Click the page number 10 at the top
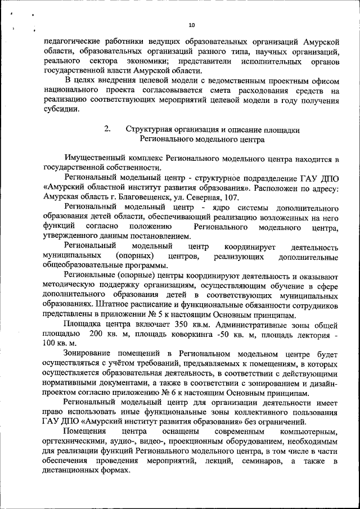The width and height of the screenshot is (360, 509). coord(191,25)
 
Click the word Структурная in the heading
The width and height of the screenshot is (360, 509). coord(148,129)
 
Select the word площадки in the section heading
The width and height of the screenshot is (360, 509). coord(281,129)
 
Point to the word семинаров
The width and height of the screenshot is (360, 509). coord(259,461)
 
